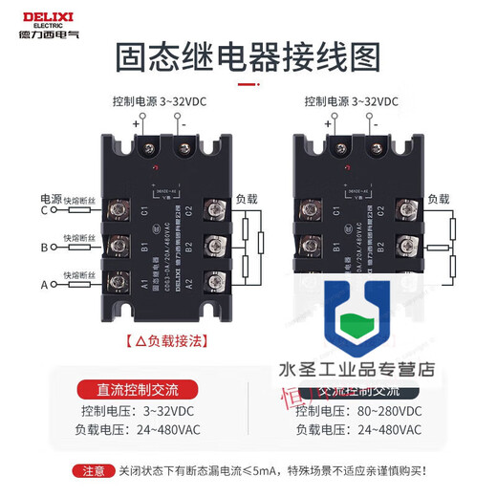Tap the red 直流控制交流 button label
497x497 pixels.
pyautogui.click(x=138, y=389)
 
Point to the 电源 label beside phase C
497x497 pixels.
pyautogui.click(x=50, y=198)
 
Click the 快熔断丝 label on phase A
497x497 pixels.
pyautogui.click(x=80, y=275)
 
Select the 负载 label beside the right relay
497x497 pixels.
pyautogui.click(x=438, y=199)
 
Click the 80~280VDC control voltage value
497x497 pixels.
pyautogui.click(x=384, y=412)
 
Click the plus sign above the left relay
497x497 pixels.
pyautogui.click(x=137, y=122)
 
